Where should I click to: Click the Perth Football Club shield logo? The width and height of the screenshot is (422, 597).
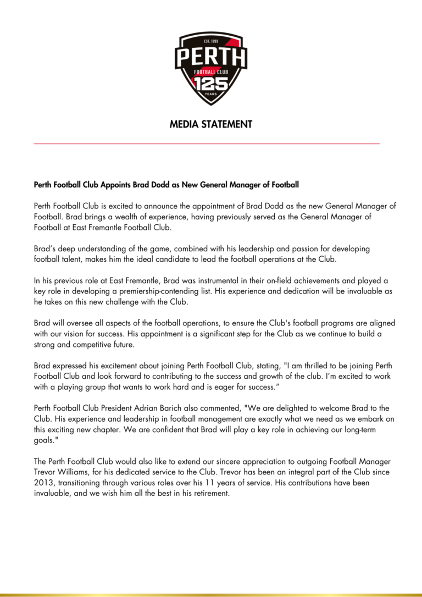(210, 68)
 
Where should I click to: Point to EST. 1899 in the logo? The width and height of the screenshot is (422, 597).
(211, 42)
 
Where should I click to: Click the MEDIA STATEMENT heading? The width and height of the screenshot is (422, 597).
(211, 124)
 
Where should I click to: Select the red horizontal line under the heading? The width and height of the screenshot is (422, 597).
(207, 143)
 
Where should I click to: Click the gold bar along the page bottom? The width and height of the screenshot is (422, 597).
(211, 594)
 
